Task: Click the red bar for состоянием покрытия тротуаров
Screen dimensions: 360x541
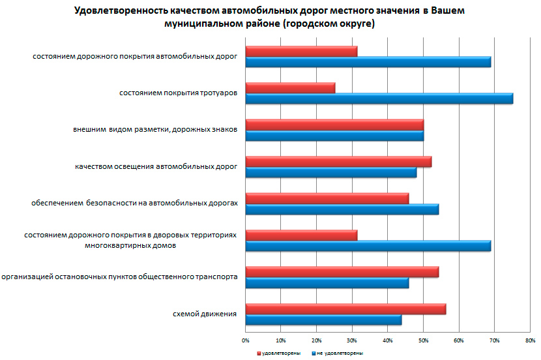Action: click(291, 88)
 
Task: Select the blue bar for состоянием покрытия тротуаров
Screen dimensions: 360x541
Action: click(379, 98)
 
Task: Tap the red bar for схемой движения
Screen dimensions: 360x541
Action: click(345, 308)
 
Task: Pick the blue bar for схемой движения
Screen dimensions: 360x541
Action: click(323, 320)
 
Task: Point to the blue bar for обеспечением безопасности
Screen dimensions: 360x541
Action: click(342, 209)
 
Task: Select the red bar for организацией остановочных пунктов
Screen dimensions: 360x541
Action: click(342, 272)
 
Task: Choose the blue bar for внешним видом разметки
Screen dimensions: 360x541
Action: click(334, 136)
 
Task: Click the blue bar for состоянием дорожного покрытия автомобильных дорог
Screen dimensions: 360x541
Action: click(368, 62)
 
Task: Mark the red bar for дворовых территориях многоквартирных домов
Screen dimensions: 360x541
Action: click(301, 235)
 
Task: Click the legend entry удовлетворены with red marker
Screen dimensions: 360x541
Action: click(276, 352)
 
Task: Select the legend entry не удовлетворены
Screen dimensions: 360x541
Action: click(338, 352)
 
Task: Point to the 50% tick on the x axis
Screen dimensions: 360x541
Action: click(423, 340)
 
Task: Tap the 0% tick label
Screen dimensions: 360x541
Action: click(246, 340)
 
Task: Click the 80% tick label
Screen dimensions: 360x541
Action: click(530, 340)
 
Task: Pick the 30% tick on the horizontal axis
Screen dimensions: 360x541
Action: click(352, 340)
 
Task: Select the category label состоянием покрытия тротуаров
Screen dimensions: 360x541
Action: click(178, 93)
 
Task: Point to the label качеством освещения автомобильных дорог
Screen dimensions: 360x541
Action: click(156, 167)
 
